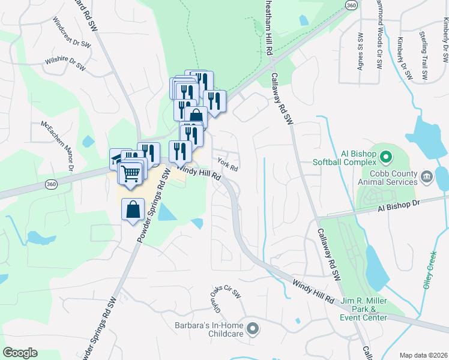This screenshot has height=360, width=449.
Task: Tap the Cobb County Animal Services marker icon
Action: pos(427,175)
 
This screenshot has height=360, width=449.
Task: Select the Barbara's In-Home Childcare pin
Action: pos(253,328)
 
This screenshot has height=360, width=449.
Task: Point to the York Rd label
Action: pos(228,164)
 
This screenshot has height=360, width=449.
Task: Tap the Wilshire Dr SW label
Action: pos(65,65)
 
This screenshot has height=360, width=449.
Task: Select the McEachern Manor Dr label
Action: pos(56,146)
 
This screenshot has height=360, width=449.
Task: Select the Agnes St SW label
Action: pos(361,52)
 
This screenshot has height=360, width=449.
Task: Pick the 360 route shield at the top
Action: pos(352,4)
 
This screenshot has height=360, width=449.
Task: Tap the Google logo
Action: pos(20,353)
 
